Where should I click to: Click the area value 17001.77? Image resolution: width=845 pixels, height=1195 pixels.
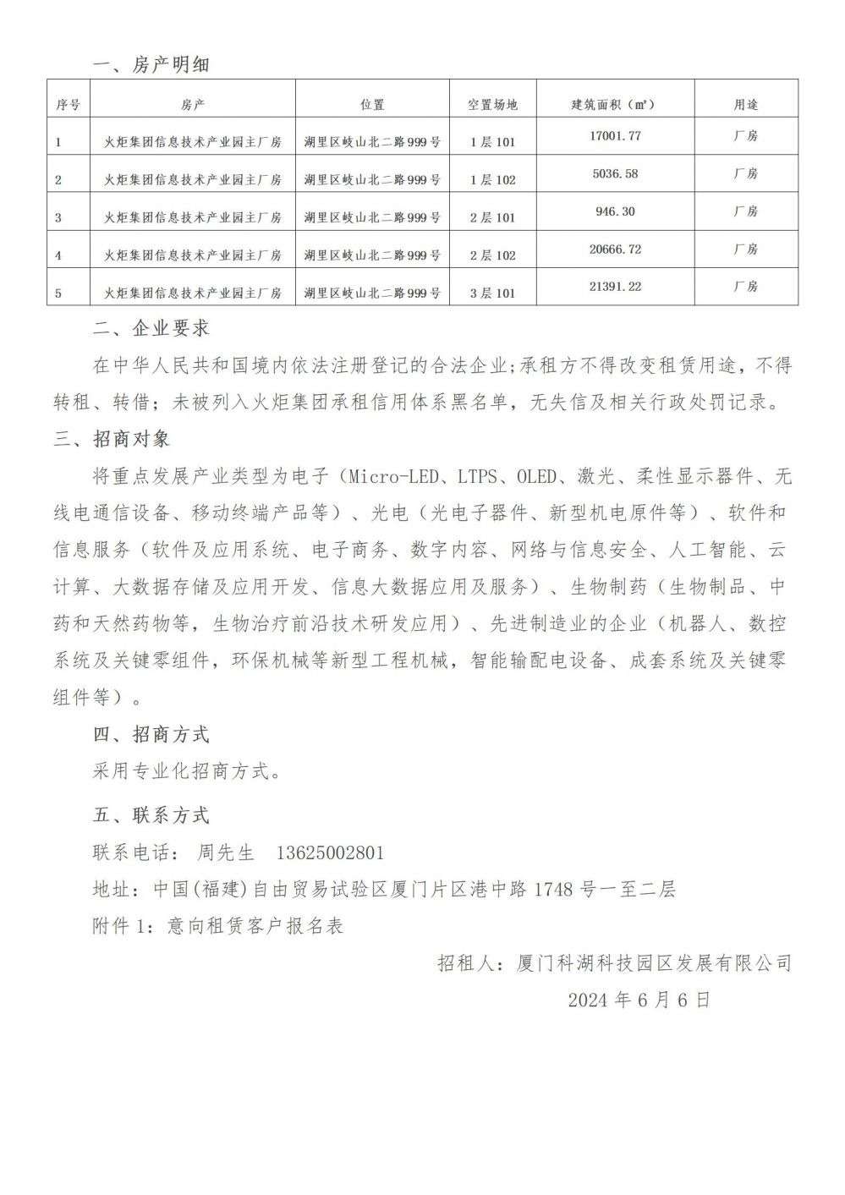point(615,135)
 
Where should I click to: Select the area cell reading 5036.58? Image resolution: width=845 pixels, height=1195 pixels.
point(615,173)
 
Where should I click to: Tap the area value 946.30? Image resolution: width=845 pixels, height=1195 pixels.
point(615,211)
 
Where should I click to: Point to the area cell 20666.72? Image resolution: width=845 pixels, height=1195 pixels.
point(615,249)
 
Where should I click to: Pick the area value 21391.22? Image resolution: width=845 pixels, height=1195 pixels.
point(615,287)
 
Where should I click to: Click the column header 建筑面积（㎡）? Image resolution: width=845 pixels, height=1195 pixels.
point(615,105)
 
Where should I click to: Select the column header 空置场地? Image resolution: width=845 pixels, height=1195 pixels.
point(492,105)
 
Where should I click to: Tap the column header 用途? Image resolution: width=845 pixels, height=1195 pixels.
point(746,105)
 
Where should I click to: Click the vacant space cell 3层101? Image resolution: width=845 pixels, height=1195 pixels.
point(492,293)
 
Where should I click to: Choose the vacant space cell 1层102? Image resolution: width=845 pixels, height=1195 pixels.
point(492,179)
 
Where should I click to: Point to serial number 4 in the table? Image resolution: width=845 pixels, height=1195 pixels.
point(58,255)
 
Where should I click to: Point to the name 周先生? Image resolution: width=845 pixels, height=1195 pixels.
point(226,852)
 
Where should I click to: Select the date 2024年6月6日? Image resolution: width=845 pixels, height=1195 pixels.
point(639,1000)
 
